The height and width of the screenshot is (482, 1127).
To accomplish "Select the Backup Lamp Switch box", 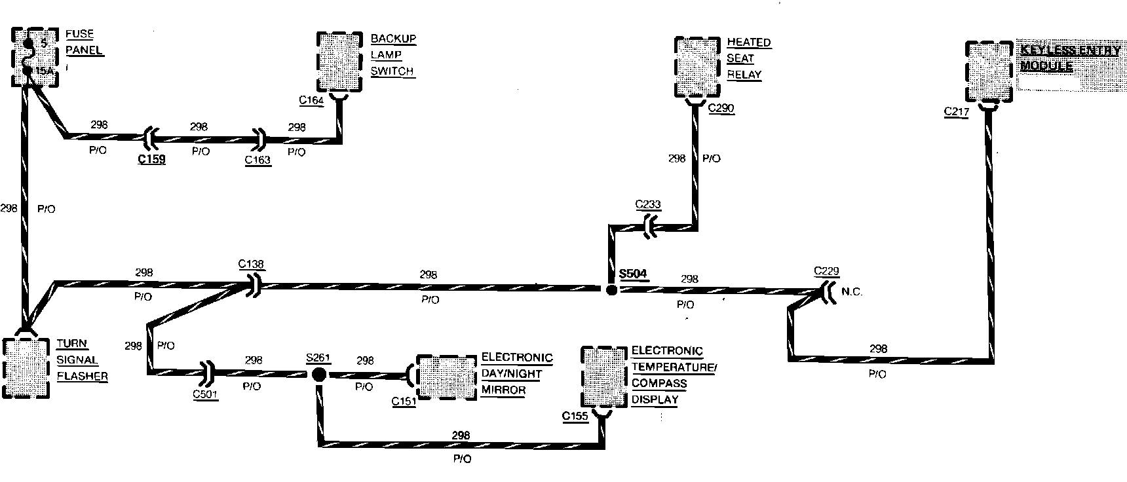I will [x=339, y=62].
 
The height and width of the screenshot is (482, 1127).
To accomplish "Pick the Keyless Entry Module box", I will [x=989, y=71].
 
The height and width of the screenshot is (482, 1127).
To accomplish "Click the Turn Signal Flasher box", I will [x=26, y=369].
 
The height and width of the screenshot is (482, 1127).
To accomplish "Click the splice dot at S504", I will [x=611, y=289].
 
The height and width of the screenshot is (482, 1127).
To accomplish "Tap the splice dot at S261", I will [x=318, y=375].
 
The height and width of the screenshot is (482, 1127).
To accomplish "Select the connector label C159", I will [x=151, y=158].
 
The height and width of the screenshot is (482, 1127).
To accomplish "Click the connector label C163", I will [x=258, y=160].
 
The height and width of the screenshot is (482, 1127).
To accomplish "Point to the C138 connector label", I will [x=251, y=265].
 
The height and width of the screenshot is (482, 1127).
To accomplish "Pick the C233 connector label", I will [x=648, y=204].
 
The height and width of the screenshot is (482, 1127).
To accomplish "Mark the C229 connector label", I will [x=826, y=271].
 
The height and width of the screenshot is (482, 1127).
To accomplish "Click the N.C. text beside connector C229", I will [x=852, y=292].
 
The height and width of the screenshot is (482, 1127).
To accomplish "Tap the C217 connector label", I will [x=956, y=112].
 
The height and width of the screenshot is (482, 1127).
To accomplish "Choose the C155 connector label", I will [x=575, y=416].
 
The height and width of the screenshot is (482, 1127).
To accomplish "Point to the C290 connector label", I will [x=721, y=109].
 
